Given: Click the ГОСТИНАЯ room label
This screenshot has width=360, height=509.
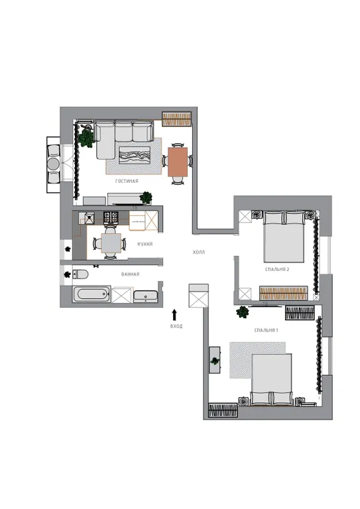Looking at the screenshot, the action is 127,181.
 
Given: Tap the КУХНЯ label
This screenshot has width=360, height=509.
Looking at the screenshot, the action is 145,244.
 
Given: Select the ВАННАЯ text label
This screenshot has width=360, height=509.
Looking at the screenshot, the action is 130,274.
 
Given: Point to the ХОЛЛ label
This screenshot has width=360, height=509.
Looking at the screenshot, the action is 199,253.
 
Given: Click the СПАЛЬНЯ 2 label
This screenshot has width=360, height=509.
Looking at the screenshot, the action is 277,270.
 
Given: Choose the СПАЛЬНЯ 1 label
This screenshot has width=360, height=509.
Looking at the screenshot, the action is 266,331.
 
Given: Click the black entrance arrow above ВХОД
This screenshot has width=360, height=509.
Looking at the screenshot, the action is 174,315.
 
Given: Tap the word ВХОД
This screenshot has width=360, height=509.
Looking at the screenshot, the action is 176,326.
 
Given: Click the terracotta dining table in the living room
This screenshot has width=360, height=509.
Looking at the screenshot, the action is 178,162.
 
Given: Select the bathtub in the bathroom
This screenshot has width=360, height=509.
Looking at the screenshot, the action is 91,295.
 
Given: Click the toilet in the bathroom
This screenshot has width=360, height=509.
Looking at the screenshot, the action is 80,274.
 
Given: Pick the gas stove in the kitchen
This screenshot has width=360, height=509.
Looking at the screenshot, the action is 111,217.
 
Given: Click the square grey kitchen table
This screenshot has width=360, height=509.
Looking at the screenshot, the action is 111,243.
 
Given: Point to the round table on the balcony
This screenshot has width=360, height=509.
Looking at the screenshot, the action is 53,164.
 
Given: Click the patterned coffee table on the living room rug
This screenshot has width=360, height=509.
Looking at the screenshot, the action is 135,155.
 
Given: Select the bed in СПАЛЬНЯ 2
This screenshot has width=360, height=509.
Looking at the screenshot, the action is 284,237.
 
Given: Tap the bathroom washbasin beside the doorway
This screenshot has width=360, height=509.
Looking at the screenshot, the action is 146,296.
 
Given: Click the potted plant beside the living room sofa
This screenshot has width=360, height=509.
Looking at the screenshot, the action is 86,138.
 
